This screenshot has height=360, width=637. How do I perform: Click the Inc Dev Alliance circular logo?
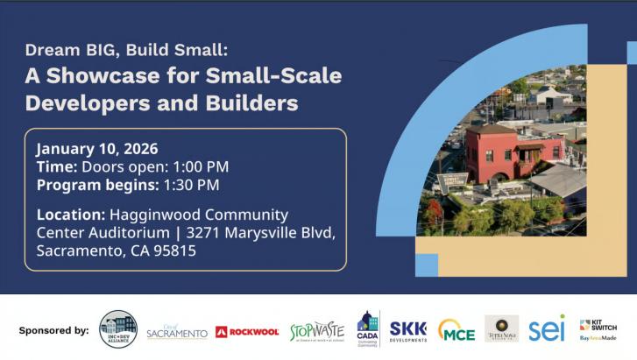point(118,329)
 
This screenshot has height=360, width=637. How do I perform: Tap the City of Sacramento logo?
point(177,331)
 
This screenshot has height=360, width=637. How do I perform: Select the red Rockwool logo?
point(247,331)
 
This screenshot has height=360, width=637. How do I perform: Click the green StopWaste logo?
point(317,330)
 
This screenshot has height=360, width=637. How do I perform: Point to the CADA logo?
point(368,328)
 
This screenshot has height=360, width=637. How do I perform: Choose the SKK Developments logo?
point(407,329)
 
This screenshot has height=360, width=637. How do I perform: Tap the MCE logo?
point(456,330)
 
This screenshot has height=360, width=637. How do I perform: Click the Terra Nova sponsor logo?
point(501,328)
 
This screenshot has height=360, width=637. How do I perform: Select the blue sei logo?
point(547,329)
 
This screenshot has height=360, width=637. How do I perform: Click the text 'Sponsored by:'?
point(53,331)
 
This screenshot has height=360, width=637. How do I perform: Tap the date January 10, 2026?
point(97,149)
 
